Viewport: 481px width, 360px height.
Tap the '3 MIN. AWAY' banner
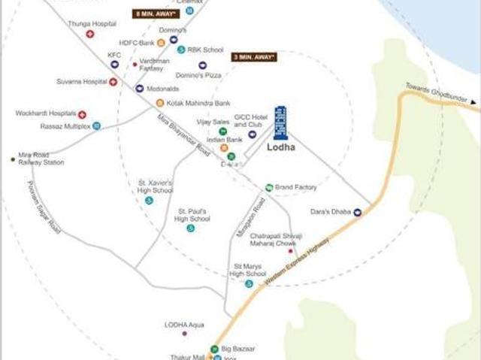[x=254, y=56]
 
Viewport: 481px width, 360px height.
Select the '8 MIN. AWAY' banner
[x=156, y=14]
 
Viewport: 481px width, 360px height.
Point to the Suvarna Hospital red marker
[x=113, y=81]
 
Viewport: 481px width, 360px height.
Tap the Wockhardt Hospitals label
[x=46, y=113]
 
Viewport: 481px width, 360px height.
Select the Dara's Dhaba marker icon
[x=358, y=212]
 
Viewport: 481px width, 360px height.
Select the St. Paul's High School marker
[x=190, y=228]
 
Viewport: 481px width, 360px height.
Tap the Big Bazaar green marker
[x=214, y=349]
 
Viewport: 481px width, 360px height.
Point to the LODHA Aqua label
[x=185, y=325]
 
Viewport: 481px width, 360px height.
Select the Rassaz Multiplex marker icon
[x=96, y=126]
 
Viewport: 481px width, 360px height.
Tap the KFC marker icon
[x=114, y=65]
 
